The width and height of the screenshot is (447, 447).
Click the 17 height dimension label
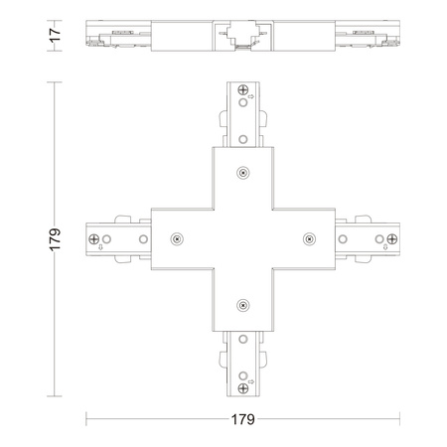click(x=55, y=35)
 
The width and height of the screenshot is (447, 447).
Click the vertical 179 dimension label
click(x=55, y=239)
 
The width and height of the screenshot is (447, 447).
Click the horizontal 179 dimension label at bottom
click(x=243, y=419)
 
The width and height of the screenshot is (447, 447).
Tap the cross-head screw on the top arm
click(x=243, y=89)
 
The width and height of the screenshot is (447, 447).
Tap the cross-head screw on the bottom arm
click(x=243, y=388)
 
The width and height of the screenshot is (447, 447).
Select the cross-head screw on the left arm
click(x=94, y=238)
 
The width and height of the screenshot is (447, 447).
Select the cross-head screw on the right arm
click(x=392, y=238)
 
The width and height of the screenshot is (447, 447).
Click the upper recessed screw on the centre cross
click(x=243, y=173)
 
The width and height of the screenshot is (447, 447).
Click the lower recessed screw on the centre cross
click(x=243, y=305)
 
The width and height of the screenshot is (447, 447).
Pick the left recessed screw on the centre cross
click(x=177, y=238)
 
